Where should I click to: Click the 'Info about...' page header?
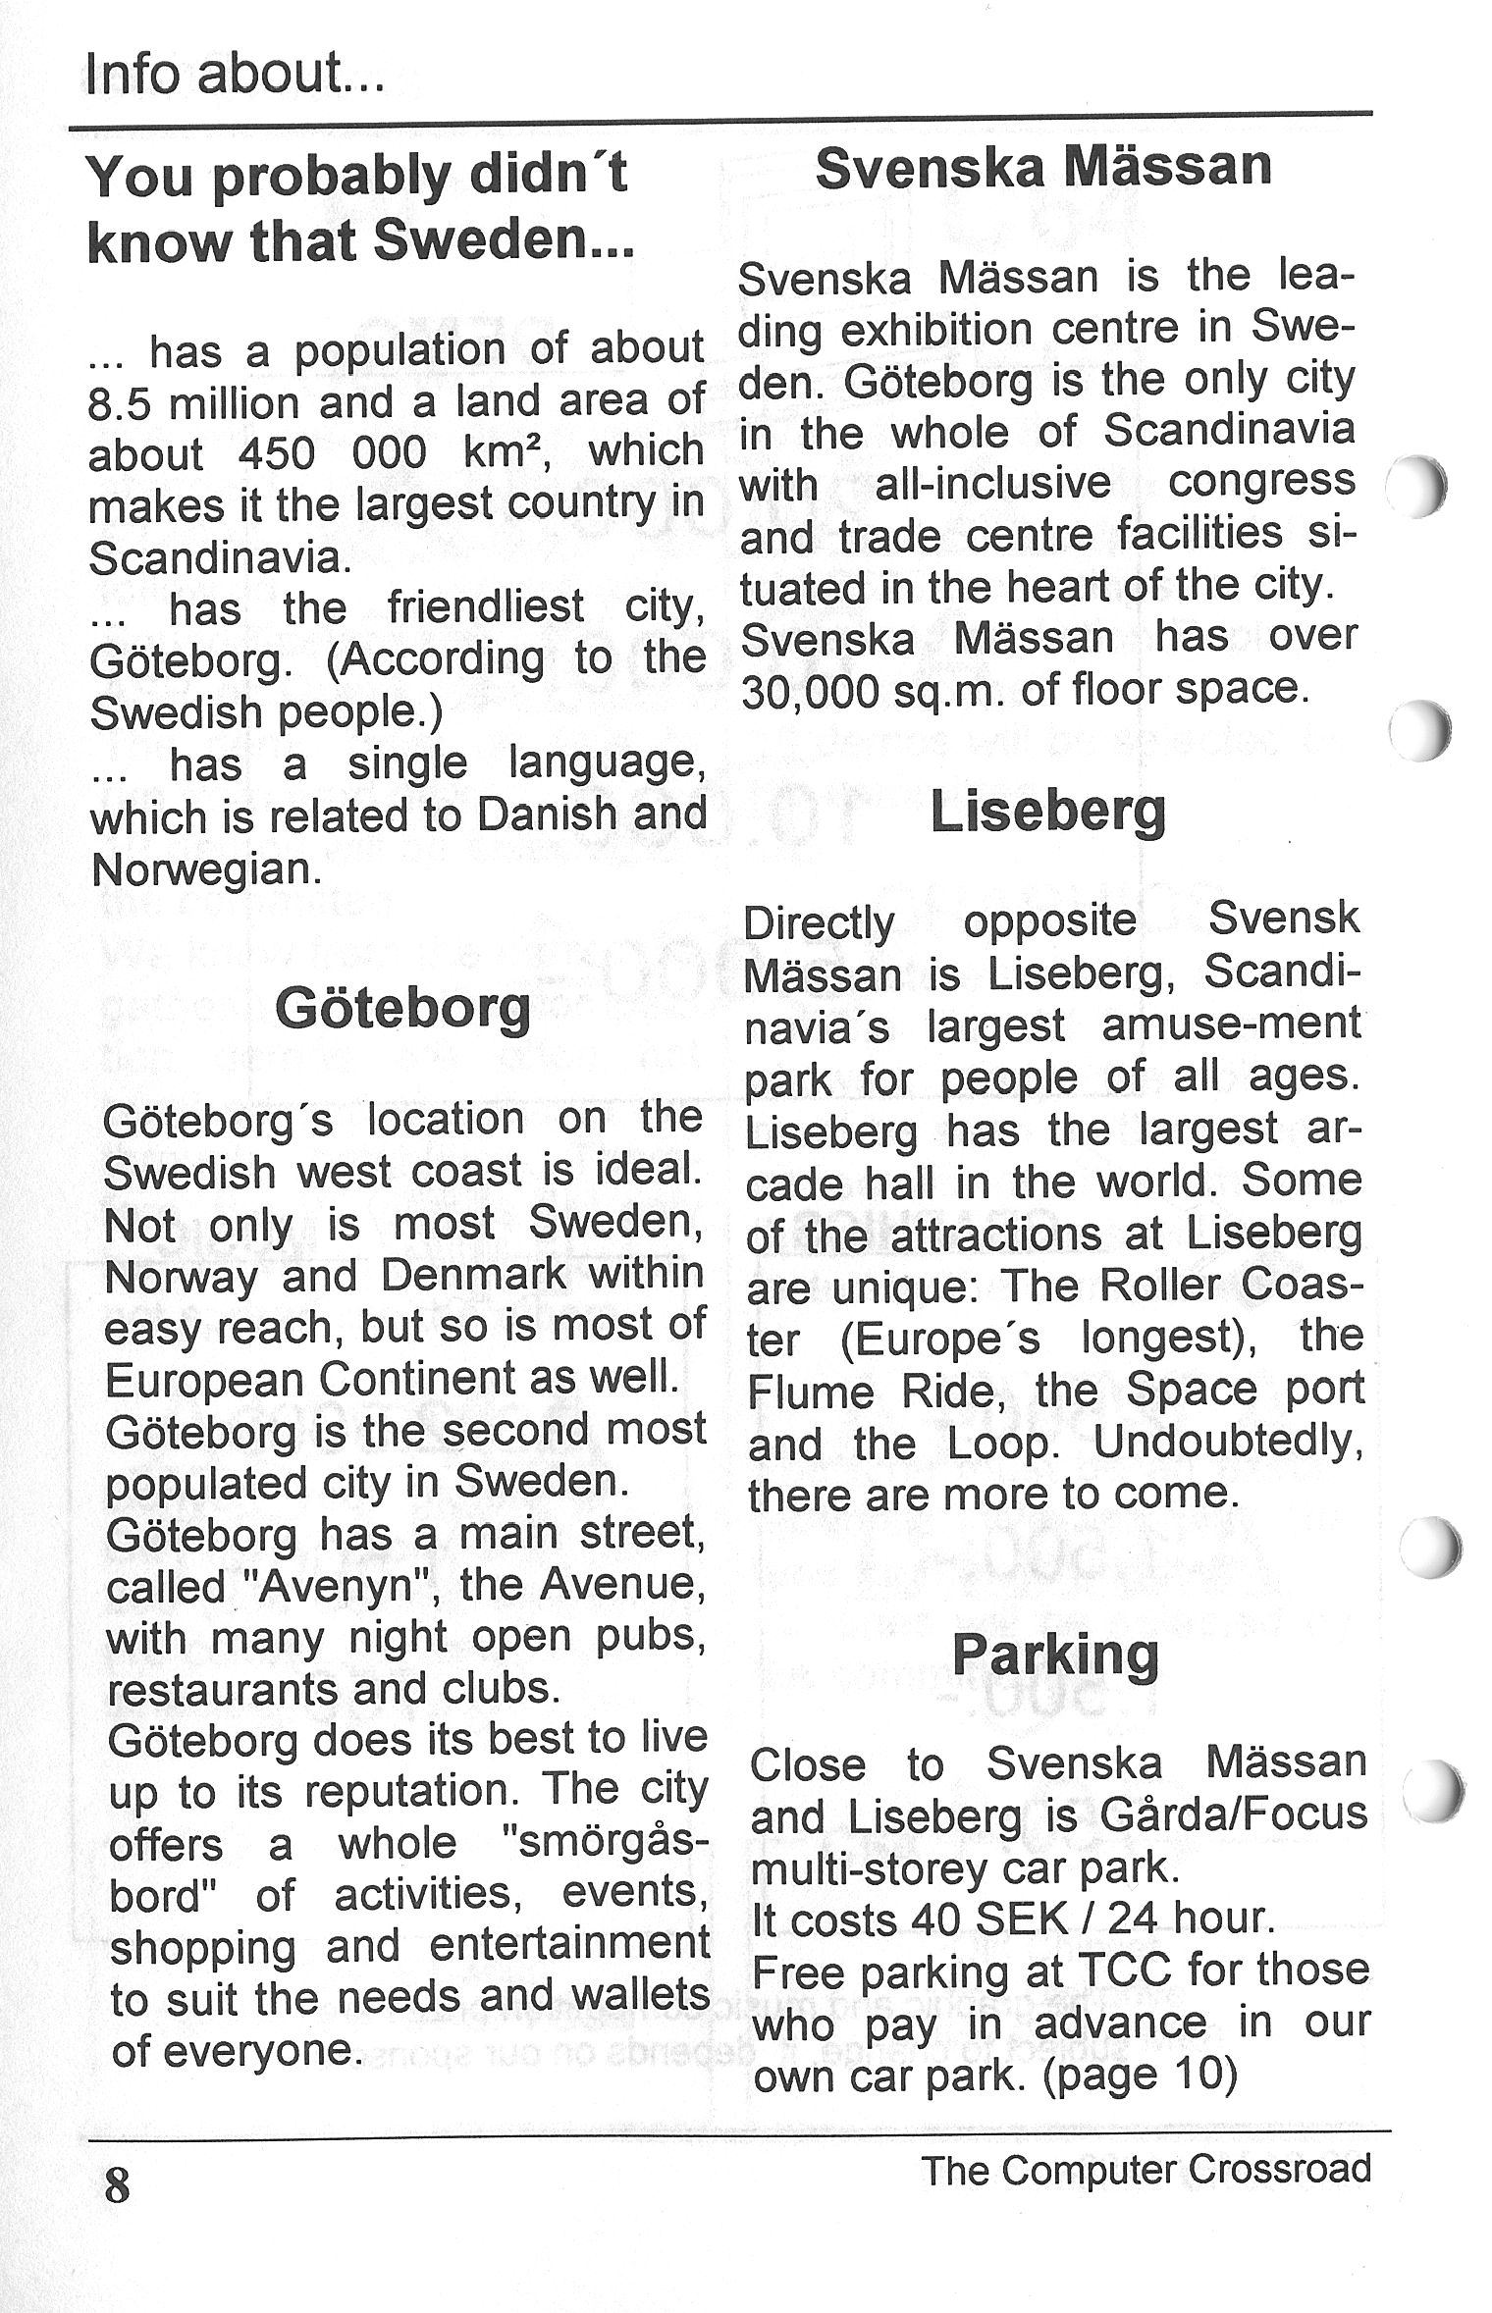[x=235, y=74]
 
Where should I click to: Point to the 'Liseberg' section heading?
[x=1047, y=811]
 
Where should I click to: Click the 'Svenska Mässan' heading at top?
[x=1042, y=167]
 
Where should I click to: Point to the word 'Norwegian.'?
[x=206, y=869]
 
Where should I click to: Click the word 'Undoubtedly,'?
[x=1228, y=1442]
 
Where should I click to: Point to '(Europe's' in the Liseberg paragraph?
[x=939, y=1338]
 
